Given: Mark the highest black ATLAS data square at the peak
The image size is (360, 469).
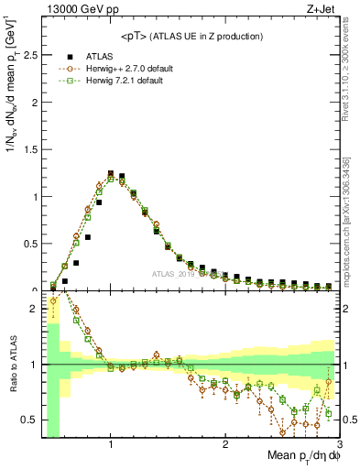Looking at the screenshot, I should (x=111, y=173).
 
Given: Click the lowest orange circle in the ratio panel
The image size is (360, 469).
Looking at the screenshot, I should (x=282, y=432).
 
